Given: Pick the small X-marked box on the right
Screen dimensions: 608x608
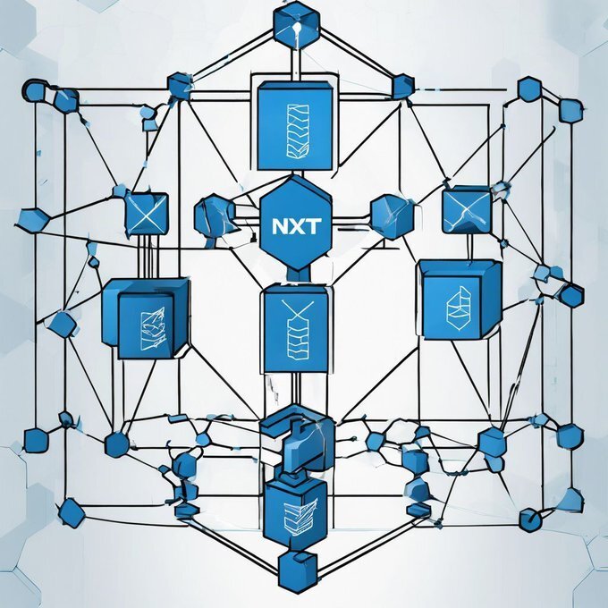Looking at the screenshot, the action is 466,208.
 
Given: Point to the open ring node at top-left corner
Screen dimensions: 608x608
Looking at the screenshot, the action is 34,92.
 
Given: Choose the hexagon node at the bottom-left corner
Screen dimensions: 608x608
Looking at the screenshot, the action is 72,514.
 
